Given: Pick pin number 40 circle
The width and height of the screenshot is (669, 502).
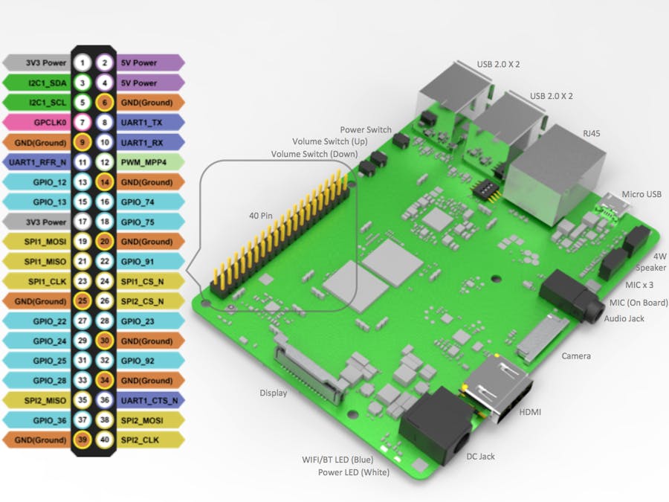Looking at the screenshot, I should (x=105, y=440).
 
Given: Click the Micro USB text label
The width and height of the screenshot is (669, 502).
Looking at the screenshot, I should (x=641, y=194).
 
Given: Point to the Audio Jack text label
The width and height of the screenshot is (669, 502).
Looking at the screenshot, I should (x=624, y=318).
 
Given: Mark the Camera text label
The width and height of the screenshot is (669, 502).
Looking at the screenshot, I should (x=576, y=356).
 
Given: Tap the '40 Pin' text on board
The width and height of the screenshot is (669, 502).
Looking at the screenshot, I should (x=262, y=216).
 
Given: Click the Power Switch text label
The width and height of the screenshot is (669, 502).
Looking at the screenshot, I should (x=366, y=129).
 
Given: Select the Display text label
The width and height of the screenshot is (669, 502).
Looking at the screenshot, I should (x=273, y=393).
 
